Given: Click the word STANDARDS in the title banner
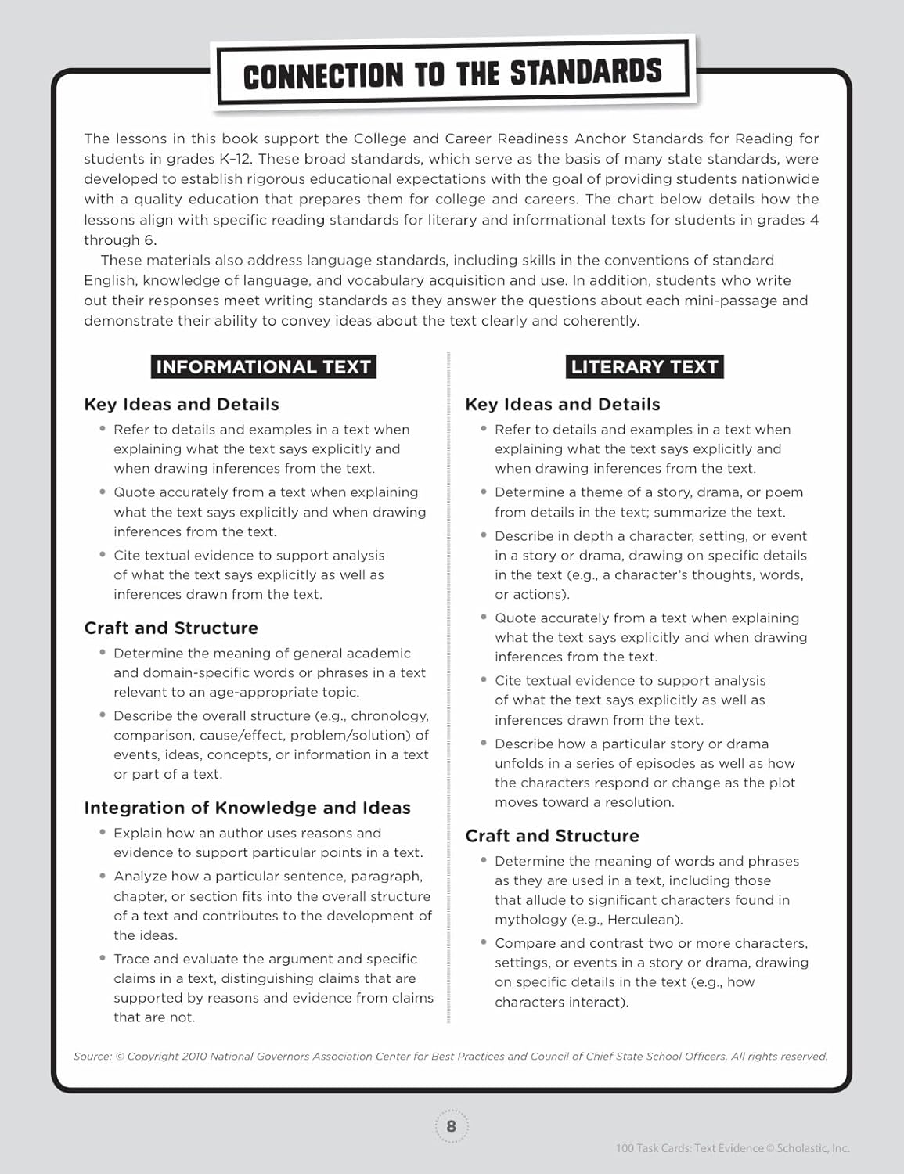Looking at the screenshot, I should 585,73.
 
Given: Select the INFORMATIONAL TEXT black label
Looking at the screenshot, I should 263,366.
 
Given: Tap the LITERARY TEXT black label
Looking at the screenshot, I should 644,366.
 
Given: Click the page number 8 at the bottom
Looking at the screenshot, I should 451,1126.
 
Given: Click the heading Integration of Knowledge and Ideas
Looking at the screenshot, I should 247,808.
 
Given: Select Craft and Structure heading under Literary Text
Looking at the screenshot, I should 552,836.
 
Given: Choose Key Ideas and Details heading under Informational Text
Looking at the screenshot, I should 181,404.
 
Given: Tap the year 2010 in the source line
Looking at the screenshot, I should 194,1057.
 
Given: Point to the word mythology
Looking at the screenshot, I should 531,920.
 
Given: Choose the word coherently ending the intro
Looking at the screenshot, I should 601,321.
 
